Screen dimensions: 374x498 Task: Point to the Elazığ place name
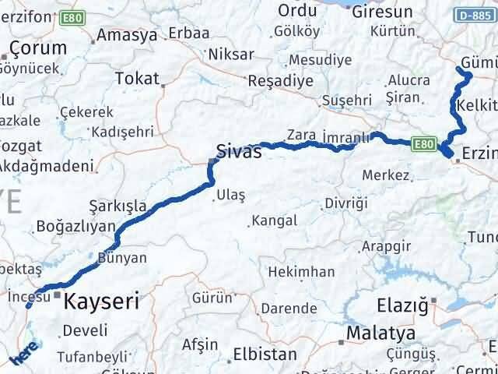pyautogui.click(x=402, y=305)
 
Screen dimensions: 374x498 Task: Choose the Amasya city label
pyautogui.click(x=124, y=37)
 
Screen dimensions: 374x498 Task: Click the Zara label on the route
pyautogui.click(x=300, y=134)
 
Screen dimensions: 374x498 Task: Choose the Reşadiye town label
pyautogui.click(x=280, y=79)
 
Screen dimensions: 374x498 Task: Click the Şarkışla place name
pyautogui.click(x=117, y=206)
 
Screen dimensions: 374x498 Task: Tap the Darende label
pyautogui.click(x=288, y=308)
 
